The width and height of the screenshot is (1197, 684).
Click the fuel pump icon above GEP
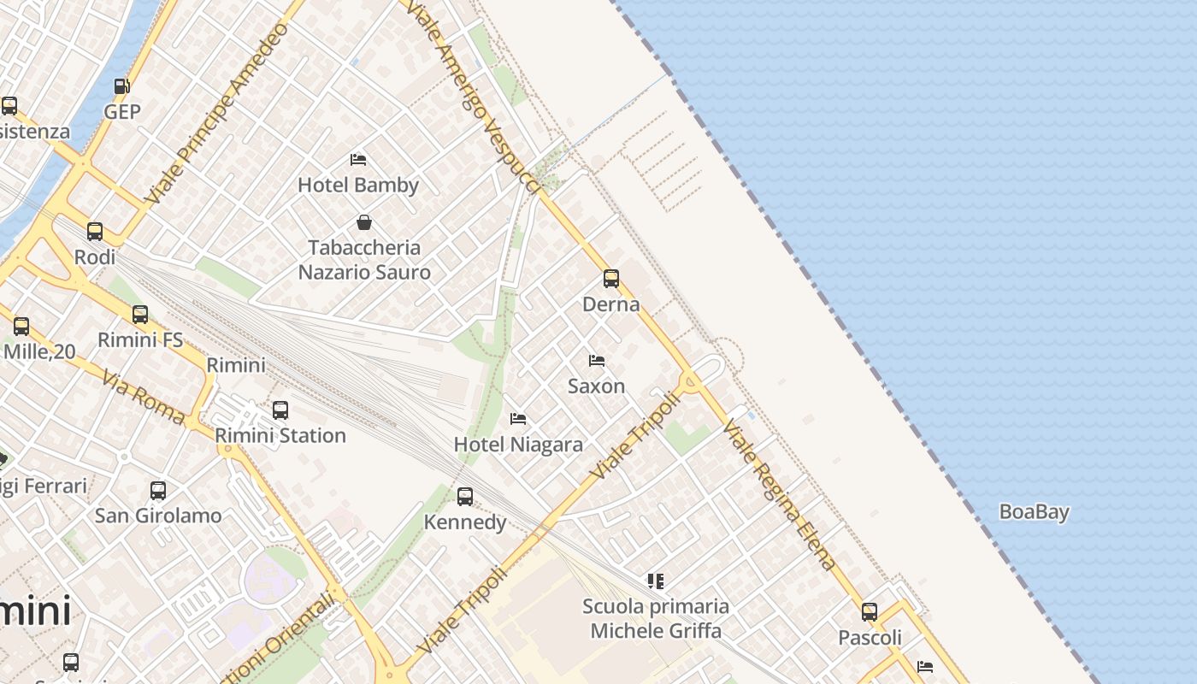coord(121,86)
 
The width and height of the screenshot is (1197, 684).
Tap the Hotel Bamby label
coord(358,185)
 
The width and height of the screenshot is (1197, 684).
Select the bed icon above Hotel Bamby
coord(358,160)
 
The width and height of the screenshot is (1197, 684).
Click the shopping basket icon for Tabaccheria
coord(364,222)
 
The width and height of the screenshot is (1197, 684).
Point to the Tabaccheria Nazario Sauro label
coord(364,260)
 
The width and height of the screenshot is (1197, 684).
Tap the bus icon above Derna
coord(611,278)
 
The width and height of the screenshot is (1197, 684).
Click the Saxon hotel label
coord(596,386)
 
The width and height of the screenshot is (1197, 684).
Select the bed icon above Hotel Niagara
coord(518,419)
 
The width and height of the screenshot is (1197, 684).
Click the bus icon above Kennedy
coord(465,496)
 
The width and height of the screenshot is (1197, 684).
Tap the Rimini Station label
coord(280,435)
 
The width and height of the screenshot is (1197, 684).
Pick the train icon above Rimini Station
coord(280,410)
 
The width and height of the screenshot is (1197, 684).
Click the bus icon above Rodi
coord(95,231)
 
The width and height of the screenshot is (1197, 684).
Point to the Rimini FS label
coord(140,339)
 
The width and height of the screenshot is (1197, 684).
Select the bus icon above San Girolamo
coord(158,490)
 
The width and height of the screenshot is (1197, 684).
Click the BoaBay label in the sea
coord(1035,512)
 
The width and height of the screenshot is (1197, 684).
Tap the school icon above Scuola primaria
coord(656,581)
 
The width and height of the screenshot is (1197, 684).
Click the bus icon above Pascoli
coord(870,612)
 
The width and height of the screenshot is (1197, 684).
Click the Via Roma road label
coord(143,397)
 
